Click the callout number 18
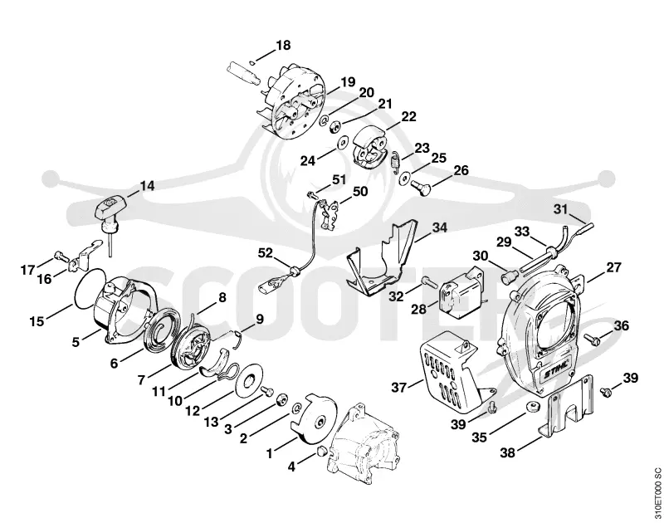pyautogui.click(x=284, y=46)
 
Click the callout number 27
pyautogui.click(x=613, y=267)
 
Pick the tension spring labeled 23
pyautogui.click(x=394, y=160)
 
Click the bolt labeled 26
pyautogui.click(x=420, y=185)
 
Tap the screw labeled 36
pyautogui.click(x=591, y=338)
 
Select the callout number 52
pyautogui.click(x=266, y=253)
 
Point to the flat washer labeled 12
pyautogui.click(x=248, y=380)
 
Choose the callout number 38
pyautogui.click(x=508, y=452)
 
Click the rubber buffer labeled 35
pyautogui.click(x=532, y=408)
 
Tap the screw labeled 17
pyautogui.click(x=61, y=256)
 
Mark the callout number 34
pyautogui.click(x=440, y=227)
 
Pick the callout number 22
pyautogui.click(x=408, y=116)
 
